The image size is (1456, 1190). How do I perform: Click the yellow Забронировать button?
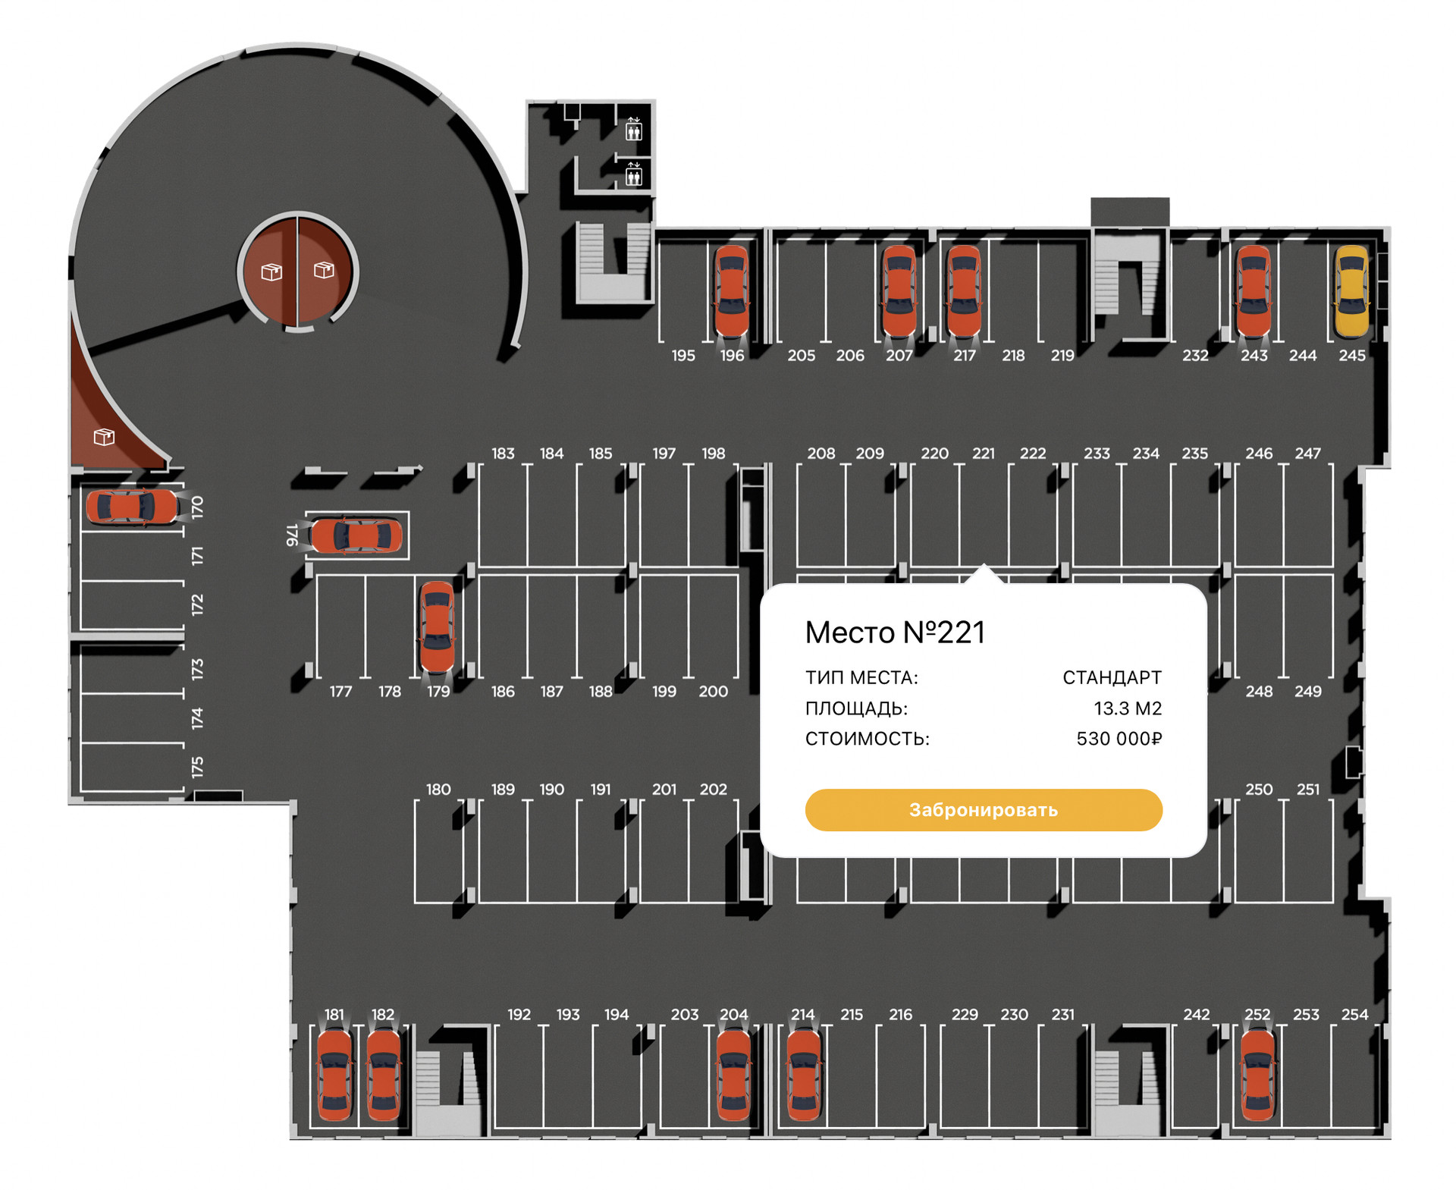point(983,809)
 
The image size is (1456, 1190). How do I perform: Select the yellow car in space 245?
point(1351,291)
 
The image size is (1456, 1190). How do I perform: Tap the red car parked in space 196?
point(732,291)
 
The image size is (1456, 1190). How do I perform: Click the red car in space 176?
point(356,535)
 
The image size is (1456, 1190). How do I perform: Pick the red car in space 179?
point(437,626)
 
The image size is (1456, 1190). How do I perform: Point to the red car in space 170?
point(132,507)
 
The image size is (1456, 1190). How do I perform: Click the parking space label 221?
point(983,454)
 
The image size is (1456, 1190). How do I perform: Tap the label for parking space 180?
point(438,790)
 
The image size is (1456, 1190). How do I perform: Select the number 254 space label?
point(1354,1015)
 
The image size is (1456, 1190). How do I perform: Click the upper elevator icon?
point(634,130)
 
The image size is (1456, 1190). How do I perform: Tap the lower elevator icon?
point(634,176)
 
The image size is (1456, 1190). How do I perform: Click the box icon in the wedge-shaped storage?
point(104,437)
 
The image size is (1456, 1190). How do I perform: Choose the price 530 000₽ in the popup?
point(1119,739)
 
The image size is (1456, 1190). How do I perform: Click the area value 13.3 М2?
point(1127,708)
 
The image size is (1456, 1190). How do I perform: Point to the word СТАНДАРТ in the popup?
point(1112,677)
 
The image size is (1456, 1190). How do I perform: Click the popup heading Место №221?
point(895,633)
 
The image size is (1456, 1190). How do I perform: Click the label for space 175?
point(197,767)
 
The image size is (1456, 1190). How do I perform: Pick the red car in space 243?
point(1254,291)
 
